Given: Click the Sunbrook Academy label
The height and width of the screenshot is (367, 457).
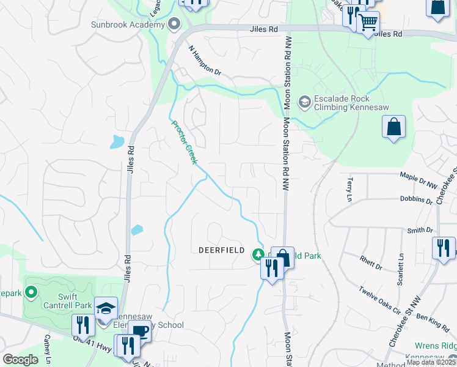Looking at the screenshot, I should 127,25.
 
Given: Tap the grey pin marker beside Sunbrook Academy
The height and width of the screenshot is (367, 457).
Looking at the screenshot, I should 174,25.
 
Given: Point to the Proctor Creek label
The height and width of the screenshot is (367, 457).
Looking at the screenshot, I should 184,142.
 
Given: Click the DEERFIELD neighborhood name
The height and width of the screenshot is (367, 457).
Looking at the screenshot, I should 221,251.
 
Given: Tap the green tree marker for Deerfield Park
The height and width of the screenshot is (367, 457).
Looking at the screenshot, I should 259,254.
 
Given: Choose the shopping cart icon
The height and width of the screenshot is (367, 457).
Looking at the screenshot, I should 368,24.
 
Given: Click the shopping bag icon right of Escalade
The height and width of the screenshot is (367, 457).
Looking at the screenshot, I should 394,128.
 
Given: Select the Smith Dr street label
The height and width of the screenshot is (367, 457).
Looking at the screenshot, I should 420,231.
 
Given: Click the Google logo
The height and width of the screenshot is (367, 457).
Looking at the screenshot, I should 21,360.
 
